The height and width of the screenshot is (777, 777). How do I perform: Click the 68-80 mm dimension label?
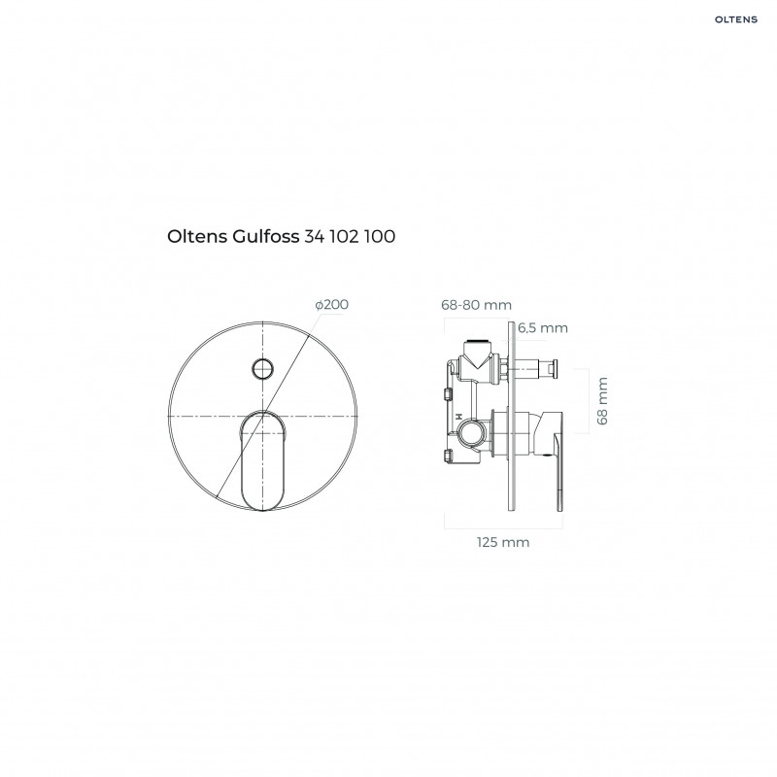point(476,305)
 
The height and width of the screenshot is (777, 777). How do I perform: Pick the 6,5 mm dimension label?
point(544,327)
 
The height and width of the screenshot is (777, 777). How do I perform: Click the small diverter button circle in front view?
point(260,367)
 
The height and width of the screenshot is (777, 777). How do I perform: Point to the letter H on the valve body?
point(455,415)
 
